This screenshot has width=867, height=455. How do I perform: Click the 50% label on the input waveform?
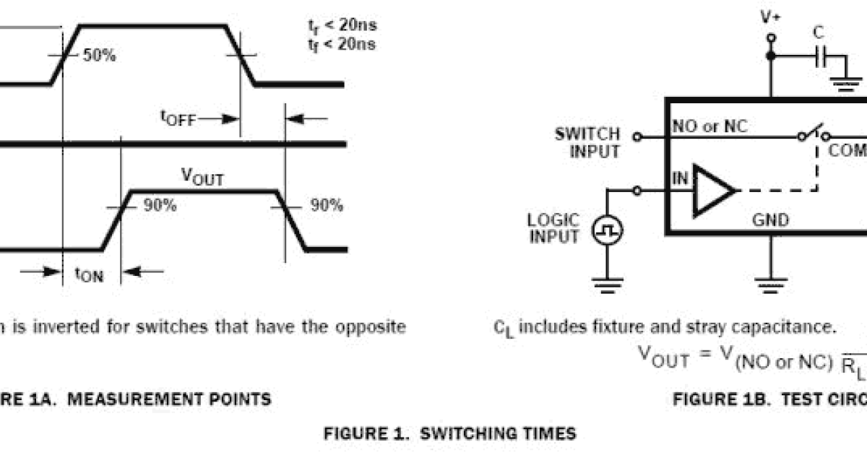click(x=99, y=56)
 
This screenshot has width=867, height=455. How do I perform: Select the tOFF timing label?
click(x=178, y=118)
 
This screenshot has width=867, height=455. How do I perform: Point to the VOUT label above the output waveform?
click(x=202, y=177)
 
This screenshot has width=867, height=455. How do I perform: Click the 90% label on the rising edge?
click(x=160, y=206)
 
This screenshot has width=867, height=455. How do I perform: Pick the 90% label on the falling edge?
click(x=327, y=206)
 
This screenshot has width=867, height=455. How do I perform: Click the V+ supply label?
click(x=771, y=17)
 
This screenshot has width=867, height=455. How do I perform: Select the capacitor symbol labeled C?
click(x=819, y=56)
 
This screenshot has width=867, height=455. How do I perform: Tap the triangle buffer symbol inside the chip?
click(x=712, y=191)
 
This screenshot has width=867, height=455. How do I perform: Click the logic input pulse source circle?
click(x=608, y=231)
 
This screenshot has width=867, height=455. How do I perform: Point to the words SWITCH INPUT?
click(x=587, y=143)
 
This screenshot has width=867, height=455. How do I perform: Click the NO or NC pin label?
click(x=710, y=127)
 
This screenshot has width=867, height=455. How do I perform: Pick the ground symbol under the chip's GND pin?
click(x=771, y=284)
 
